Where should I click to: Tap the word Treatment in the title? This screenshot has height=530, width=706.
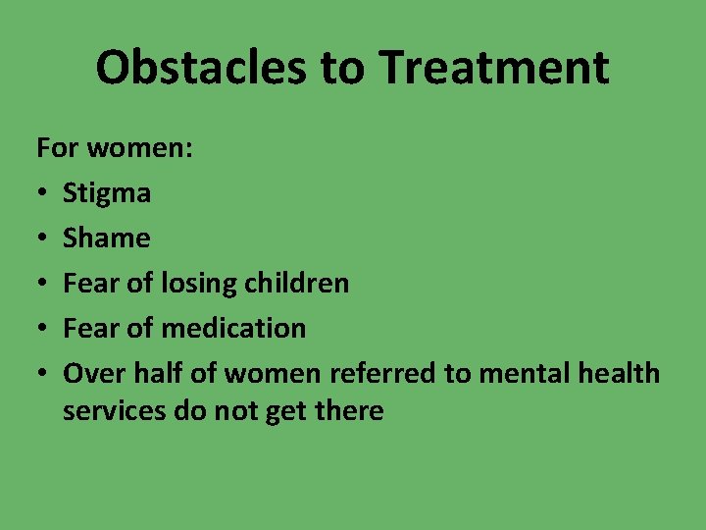[494, 68]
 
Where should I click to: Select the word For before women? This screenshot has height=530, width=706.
[58, 148]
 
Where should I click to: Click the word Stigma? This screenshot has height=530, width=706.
[107, 194]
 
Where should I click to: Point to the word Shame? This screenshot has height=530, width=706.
[106, 238]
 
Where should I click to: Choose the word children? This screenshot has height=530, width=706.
[299, 284]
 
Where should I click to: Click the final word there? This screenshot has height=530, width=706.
[347, 411]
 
